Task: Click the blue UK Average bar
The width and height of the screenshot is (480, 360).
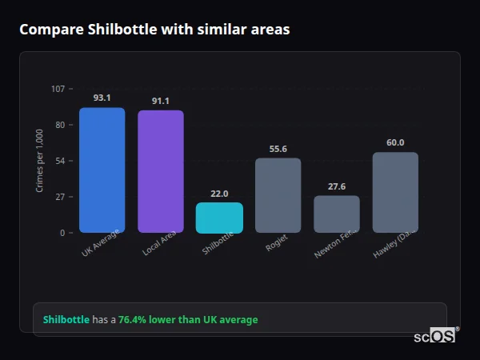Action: coord(102,170)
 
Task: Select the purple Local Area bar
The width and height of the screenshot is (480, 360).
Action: coord(160,171)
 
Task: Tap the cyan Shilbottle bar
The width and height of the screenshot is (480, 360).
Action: coord(219,218)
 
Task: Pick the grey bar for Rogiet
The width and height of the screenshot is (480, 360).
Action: coord(278,195)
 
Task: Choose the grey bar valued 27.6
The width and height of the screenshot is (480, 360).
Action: coord(336,214)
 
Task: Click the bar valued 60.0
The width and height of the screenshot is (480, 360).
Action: coord(395,192)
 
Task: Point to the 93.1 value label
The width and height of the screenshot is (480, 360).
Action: coord(102,98)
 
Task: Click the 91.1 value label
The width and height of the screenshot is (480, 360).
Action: coord(160,101)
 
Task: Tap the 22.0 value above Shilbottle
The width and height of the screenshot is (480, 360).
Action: coord(219,194)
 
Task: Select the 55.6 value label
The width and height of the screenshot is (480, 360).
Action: coord(278,149)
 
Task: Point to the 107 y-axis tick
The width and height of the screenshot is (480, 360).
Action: coord(58,89)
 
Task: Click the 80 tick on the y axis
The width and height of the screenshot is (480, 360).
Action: coord(59,125)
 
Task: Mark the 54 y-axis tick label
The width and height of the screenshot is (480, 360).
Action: coord(59,161)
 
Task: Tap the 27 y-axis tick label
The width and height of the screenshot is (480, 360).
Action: coord(59,197)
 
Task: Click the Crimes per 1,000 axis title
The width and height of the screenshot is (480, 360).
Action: coord(40,161)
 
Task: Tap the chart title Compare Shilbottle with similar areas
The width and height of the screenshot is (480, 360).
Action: coord(154,30)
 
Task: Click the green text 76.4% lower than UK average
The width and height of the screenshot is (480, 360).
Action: coord(188,320)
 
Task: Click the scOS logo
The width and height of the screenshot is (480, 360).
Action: coord(435,336)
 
